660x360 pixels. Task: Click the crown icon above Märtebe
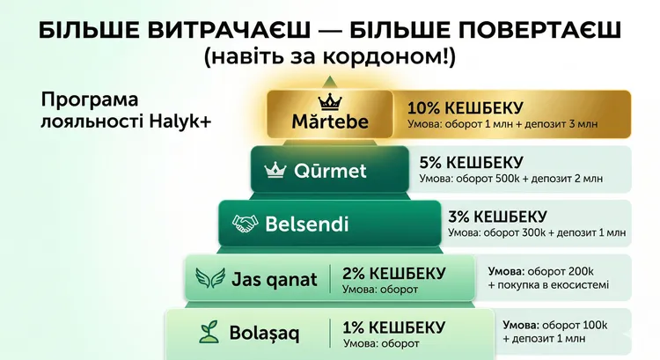click(x=327, y=99)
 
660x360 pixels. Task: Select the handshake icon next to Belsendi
click(x=244, y=224)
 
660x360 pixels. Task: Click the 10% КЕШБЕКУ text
click(x=466, y=107)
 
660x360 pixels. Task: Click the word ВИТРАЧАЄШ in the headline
click(x=216, y=29)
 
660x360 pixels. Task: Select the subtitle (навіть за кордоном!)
click(x=330, y=58)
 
